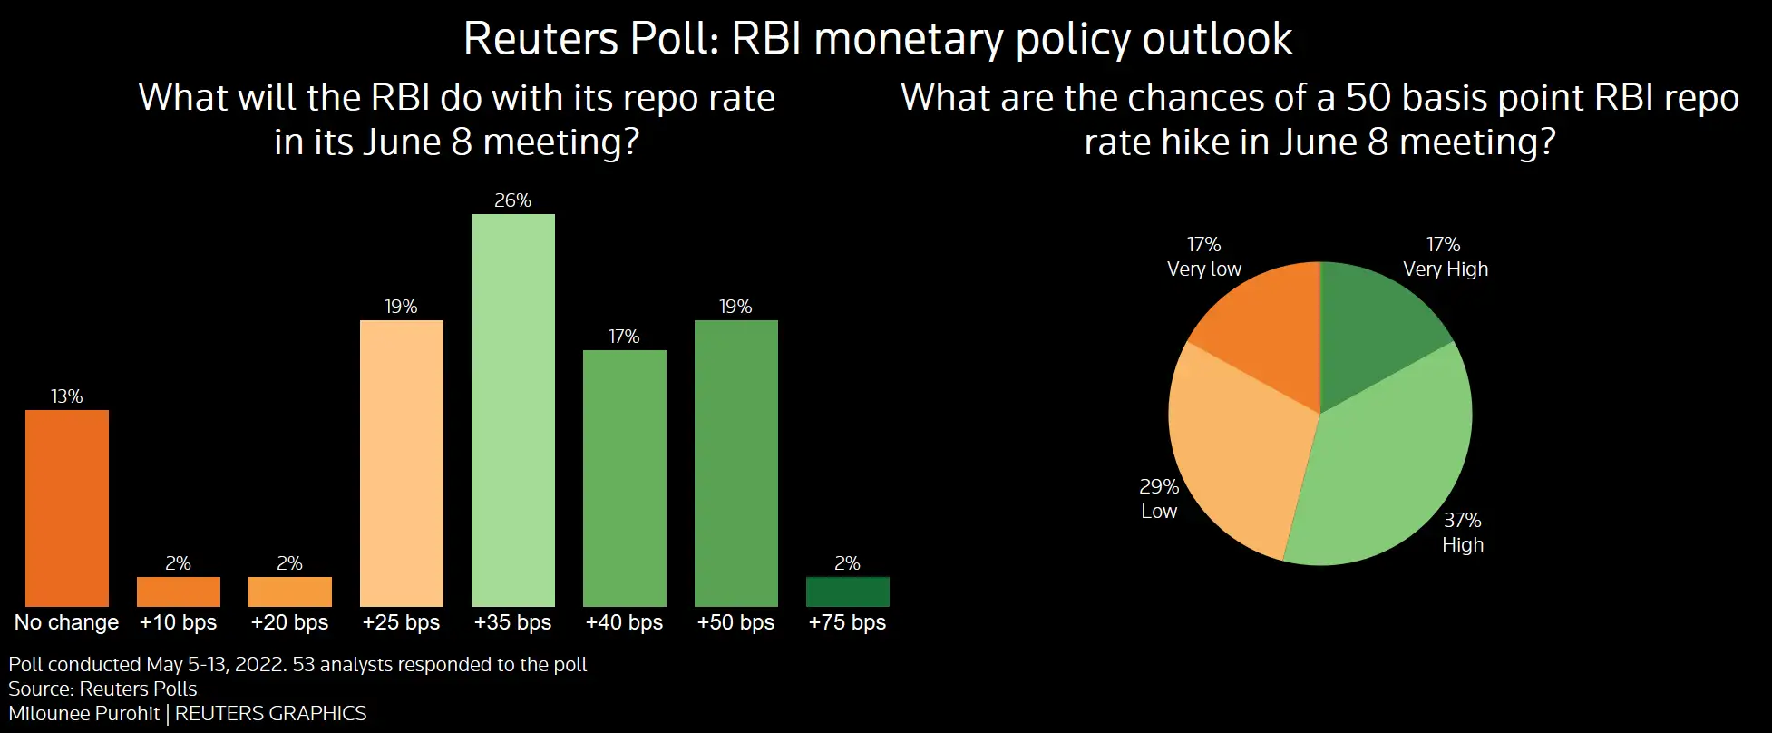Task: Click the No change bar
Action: pos(67,508)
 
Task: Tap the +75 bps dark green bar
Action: pos(848,591)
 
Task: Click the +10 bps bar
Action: pos(179,591)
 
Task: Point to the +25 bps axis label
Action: pos(401,622)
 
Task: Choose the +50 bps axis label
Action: pos(735,622)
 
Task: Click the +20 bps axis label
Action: pos(289,622)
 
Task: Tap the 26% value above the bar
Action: pos(512,200)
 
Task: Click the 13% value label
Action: pos(67,396)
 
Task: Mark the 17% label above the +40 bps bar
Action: pos(624,337)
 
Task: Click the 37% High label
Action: pos(1463,533)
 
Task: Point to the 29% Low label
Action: pos(1159,499)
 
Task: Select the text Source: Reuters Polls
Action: pos(102,689)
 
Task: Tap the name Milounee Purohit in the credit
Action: pos(84,713)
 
